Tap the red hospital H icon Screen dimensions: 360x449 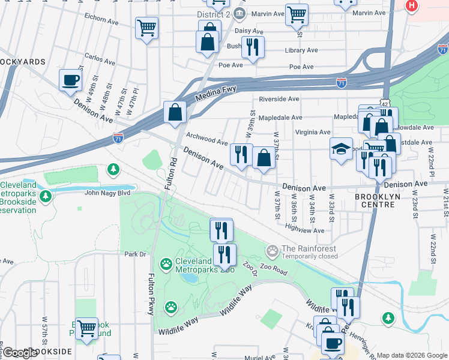[411, 6]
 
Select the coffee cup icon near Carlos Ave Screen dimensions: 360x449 [70, 80]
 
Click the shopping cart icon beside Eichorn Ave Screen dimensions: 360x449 [146, 28]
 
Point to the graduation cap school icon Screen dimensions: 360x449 [341, 149]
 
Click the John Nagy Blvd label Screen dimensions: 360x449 [107, 193]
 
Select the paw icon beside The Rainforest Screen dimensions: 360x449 [273, 249]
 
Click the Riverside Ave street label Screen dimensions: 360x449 [279, 99]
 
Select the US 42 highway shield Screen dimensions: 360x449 [382, 103]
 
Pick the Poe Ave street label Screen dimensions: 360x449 [231, 65]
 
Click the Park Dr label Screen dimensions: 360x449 [135, 254]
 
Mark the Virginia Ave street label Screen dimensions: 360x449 [312, 132]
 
